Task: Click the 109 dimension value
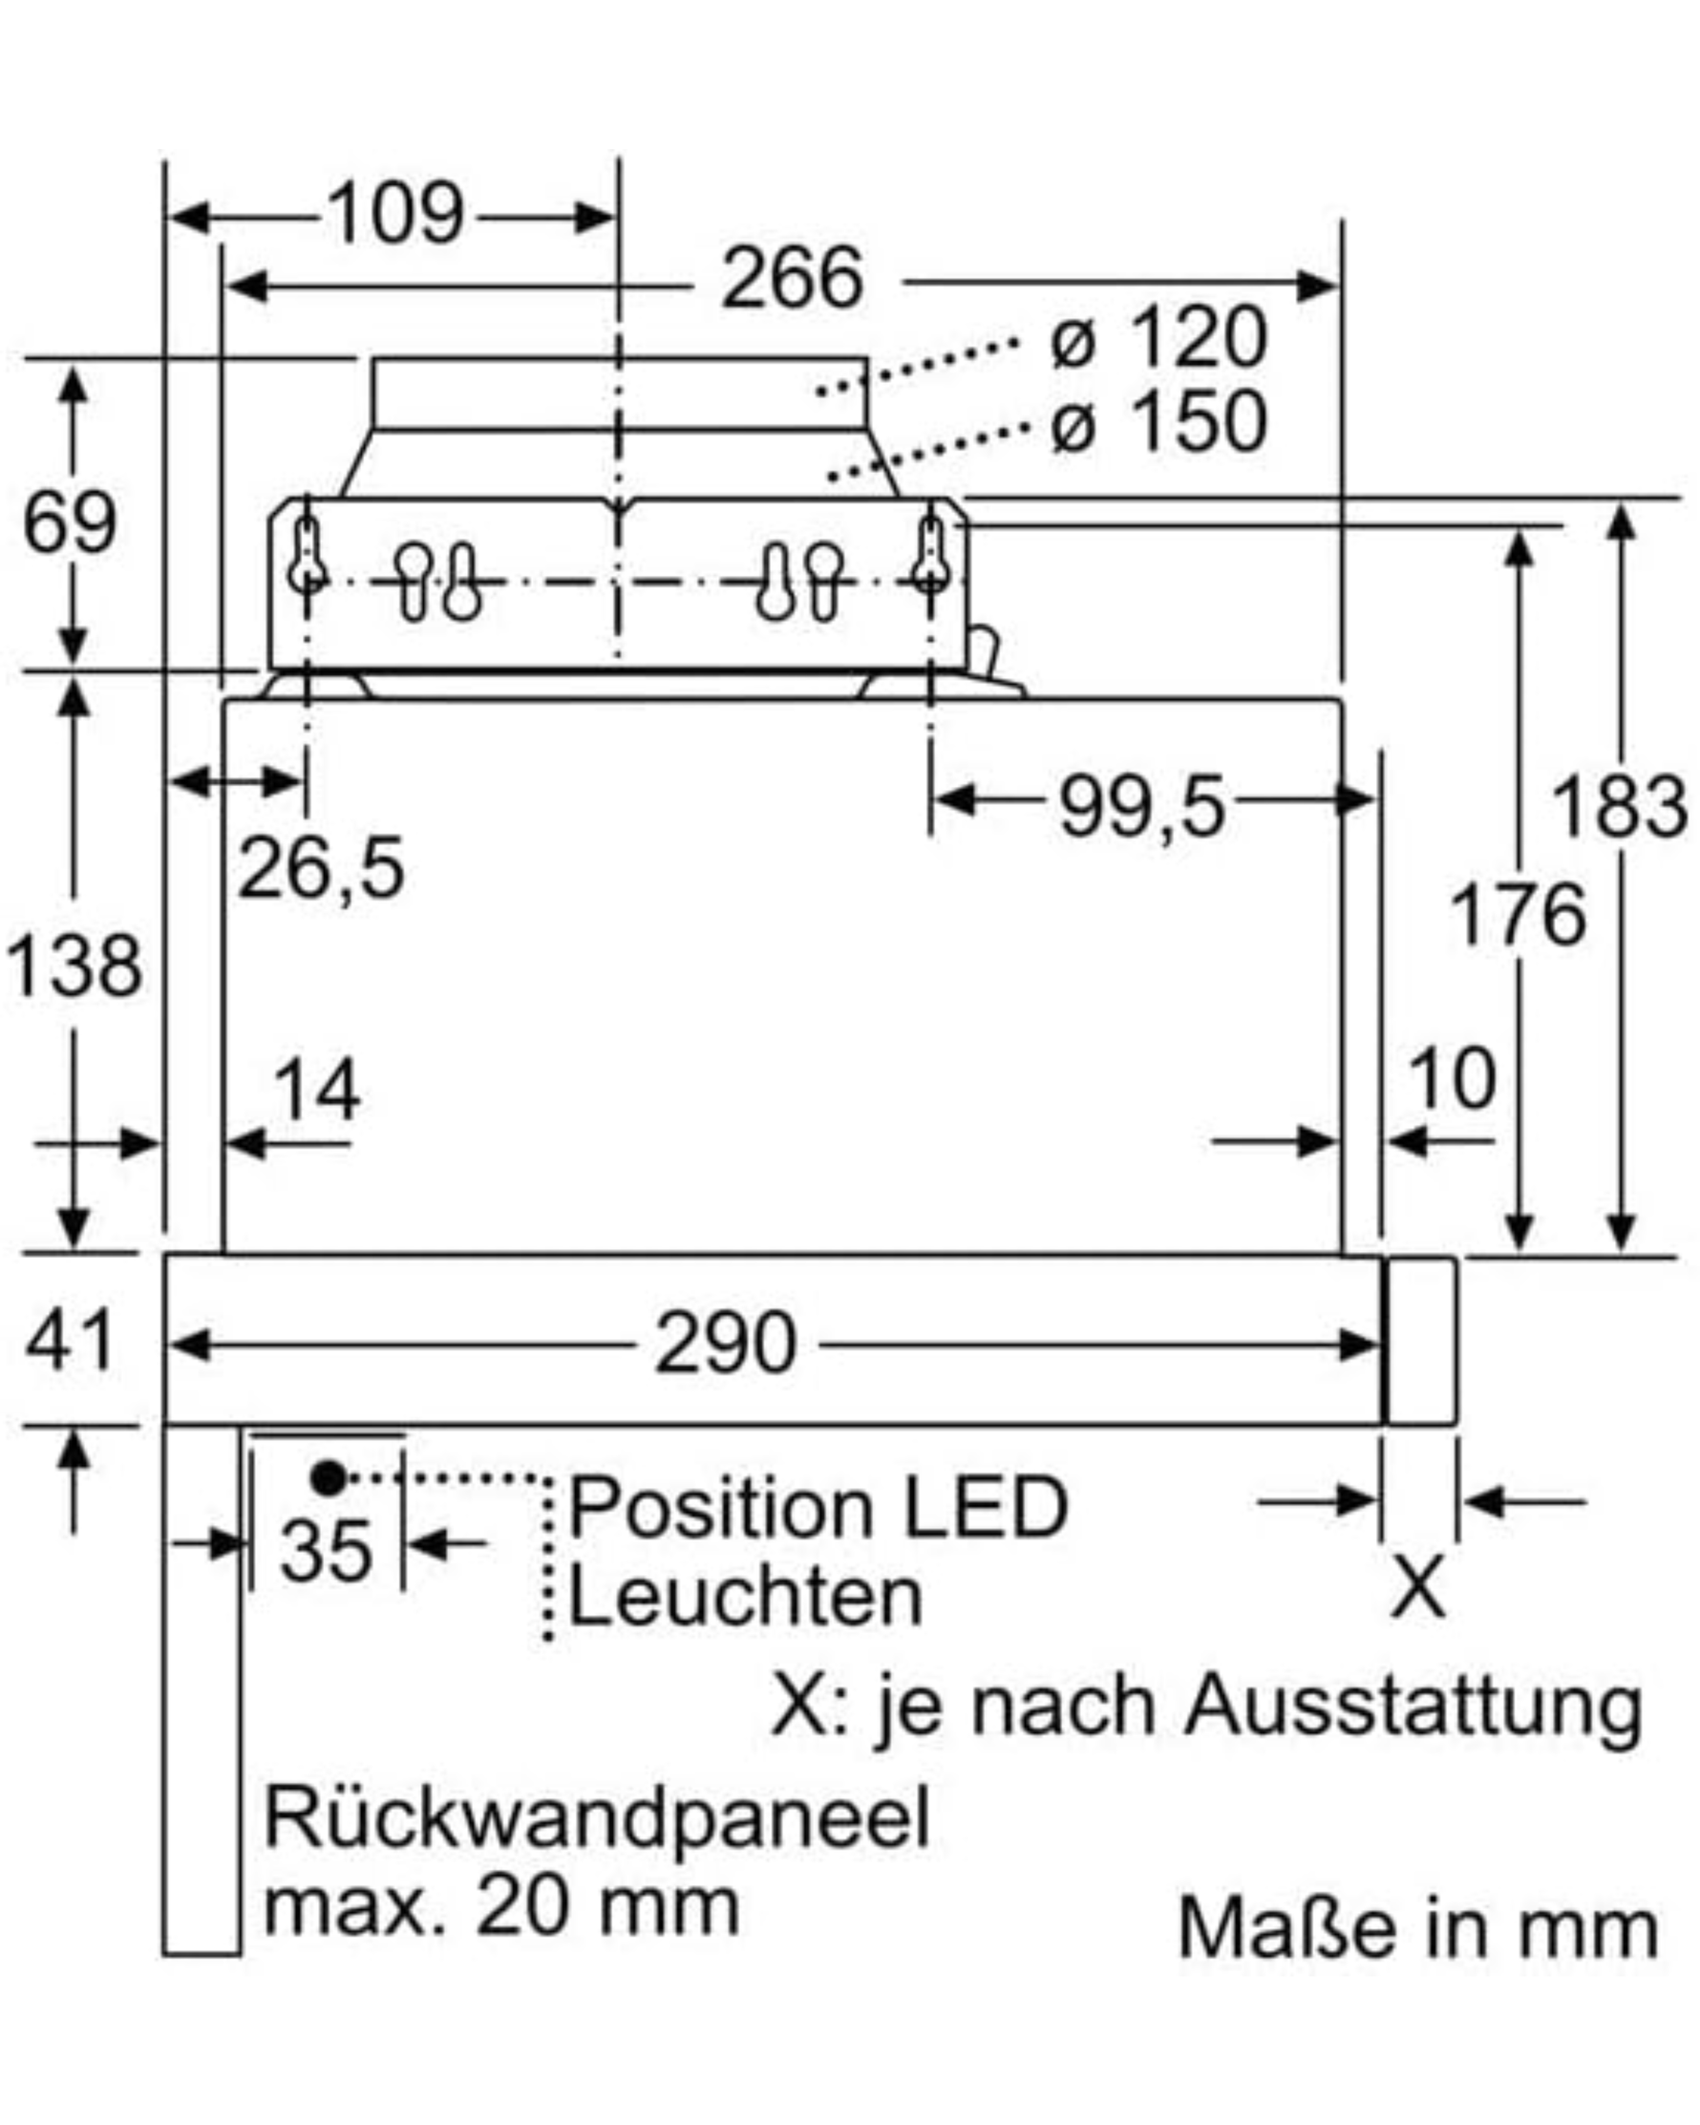pos(395,214)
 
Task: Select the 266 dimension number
pos(794,279)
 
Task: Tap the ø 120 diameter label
pos(1158,338)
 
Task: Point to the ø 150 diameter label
pos(1158,422)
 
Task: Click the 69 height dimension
pos(69,522)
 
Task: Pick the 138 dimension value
pos(74,966)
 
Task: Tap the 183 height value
pos(1619,806)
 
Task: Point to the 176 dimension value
pos(1518,915)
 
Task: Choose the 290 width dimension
pos(726,1342)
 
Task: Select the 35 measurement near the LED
pos(327,1550)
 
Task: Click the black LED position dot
pos(329,1477)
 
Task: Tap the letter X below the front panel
pos(1418,1587)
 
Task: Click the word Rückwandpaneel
pos(597,1817)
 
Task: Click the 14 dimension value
pos(316,1089)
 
